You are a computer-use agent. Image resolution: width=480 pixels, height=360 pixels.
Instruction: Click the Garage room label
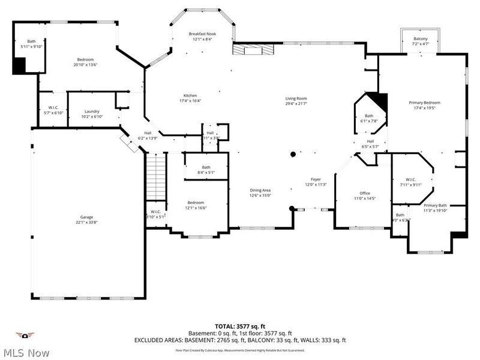(87, 217)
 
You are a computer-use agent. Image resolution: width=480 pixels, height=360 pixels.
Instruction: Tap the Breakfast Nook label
(202, 34)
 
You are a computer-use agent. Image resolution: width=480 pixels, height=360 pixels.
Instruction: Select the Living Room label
(296, 99)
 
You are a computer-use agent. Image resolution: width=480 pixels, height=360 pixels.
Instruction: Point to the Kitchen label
(190, 95)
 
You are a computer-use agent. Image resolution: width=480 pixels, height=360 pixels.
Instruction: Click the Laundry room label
(92, 111)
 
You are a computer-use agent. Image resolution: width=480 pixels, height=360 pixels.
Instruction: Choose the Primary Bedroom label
(424, 103)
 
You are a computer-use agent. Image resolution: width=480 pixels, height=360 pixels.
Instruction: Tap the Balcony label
(420, 38)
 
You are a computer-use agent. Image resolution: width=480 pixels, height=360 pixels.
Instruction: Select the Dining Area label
(260, 190)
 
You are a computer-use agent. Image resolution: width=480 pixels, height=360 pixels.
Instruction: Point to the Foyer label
(316, 179)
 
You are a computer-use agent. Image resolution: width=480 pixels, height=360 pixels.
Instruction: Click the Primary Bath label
(435, 205)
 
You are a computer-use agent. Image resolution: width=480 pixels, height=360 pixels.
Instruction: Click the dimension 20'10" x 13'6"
(85, 65)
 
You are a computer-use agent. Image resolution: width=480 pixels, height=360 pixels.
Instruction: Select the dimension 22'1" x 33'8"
(87, 222)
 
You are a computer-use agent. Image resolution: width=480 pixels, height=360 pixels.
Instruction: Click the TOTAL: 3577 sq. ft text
(240, 325)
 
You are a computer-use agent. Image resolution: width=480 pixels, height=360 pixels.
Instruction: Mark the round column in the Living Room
(293, 155)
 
